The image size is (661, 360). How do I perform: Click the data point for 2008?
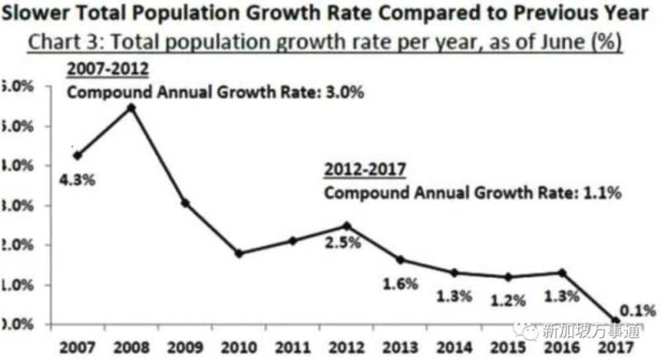pyautogui.click(x=131, y=107)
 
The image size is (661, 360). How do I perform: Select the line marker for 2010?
pyautogui.click(x=239, y=253)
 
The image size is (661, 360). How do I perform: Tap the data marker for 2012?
pyautogui.click(x=347, y=225)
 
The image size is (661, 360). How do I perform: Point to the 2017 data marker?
pyautogui.click(x=616, y=320)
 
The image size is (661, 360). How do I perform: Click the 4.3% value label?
pyautogui.click(x=77, y=178)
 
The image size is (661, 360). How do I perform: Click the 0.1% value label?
pyautogui.click(x=639, y=310)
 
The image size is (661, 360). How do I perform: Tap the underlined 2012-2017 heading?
pyautogui.click(x=364, y=172)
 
